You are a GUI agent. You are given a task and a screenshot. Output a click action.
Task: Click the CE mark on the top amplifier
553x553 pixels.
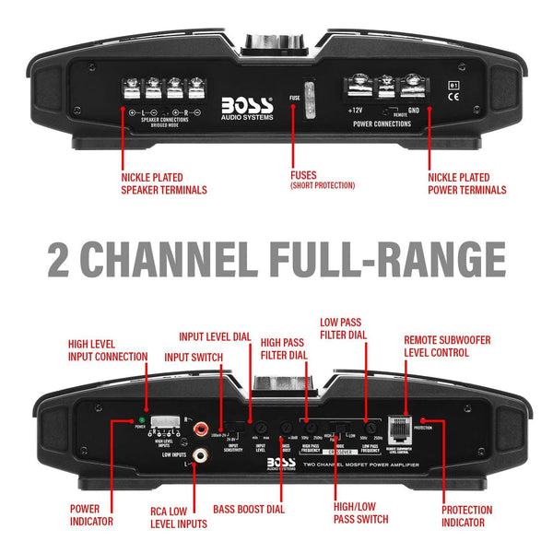pyautogui.click(x=453, y=102)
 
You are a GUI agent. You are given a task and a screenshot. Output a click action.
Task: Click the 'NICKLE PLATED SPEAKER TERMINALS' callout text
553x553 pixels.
pyautogui.click(x=163, y=183)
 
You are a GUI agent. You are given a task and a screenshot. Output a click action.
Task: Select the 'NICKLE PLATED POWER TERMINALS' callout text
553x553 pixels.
pyautogui.click(x=466, y=183)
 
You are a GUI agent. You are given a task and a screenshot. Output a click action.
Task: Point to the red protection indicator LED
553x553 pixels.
pyautogui.click(x=436, y=420)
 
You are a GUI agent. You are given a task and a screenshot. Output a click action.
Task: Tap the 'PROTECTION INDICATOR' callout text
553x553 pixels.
pyautogui.click(x=466, y=515)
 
